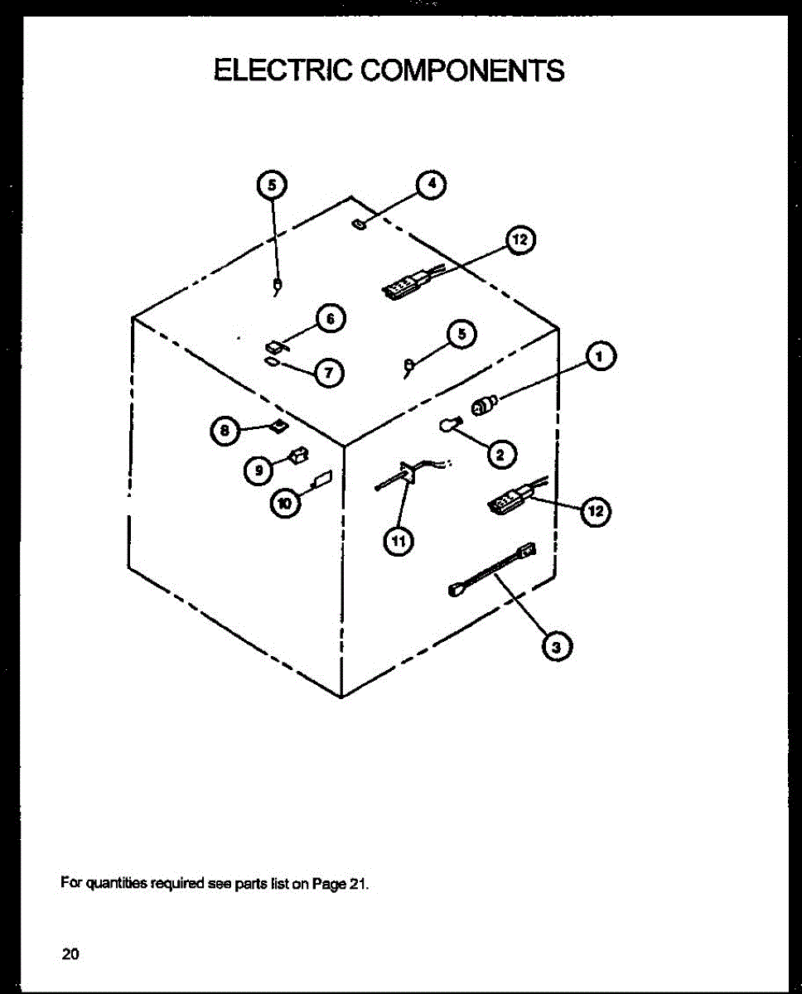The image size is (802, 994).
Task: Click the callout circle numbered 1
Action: [x=601, y=357]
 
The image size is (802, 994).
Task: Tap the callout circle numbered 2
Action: [x=500, y=453]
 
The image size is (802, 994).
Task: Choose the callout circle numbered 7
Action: [x=329, y=373]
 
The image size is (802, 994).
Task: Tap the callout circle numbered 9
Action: [x=258, y=470]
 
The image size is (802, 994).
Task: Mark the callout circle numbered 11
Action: [x=398, y=542]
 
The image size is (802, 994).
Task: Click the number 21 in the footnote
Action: [x=356, y=883]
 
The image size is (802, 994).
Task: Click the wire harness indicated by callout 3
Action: [x=491, y=568]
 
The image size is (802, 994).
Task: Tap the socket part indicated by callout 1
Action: [x=483, y=406]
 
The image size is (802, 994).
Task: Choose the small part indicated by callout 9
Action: [x=297, y=455]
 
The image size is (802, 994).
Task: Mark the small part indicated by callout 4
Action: [x=360, y=224]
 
